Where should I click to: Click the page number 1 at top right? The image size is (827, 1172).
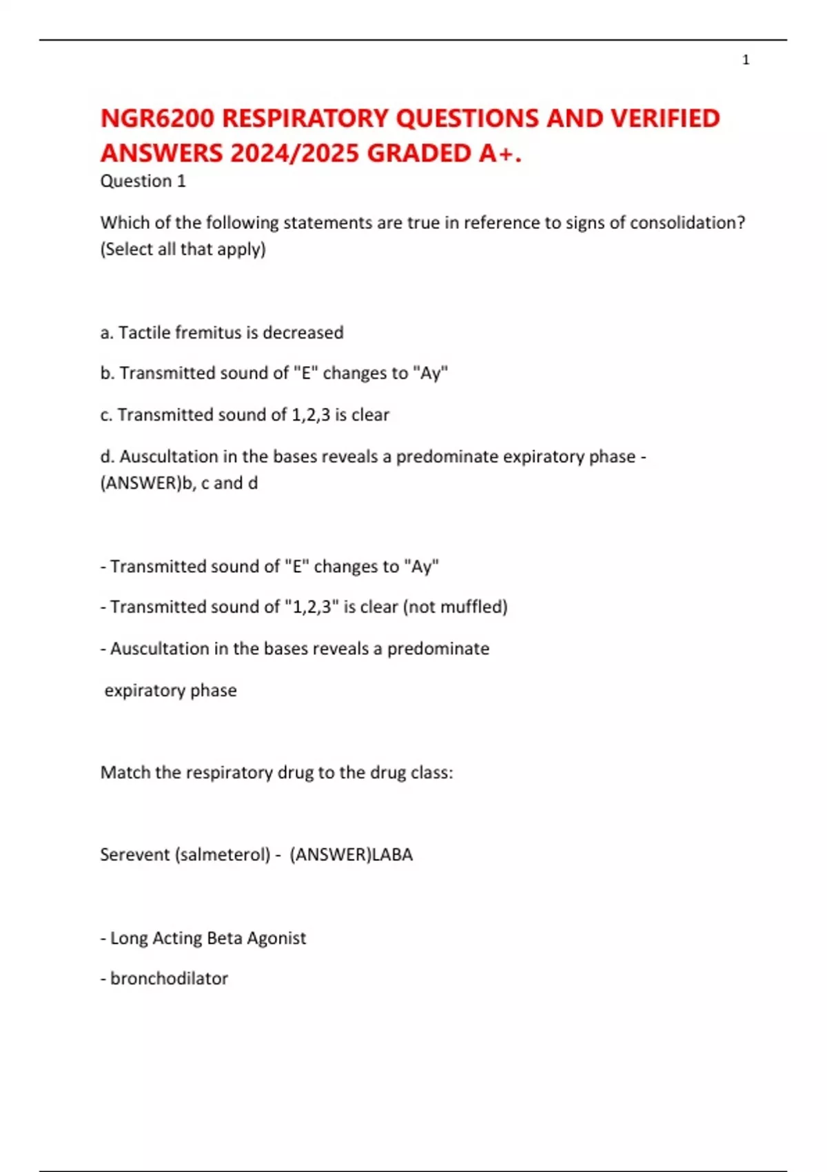[746, 60]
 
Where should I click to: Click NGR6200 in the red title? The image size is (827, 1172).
[158, 119]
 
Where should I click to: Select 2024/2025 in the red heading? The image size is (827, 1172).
[295, 153]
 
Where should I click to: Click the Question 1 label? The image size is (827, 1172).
[143, 181]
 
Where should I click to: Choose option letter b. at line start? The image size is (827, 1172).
[108, 373]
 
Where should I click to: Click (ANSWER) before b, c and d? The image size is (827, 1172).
[139, 483]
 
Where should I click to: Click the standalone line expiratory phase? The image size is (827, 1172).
[170, 690]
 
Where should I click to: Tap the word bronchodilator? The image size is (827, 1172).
[169, 978]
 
